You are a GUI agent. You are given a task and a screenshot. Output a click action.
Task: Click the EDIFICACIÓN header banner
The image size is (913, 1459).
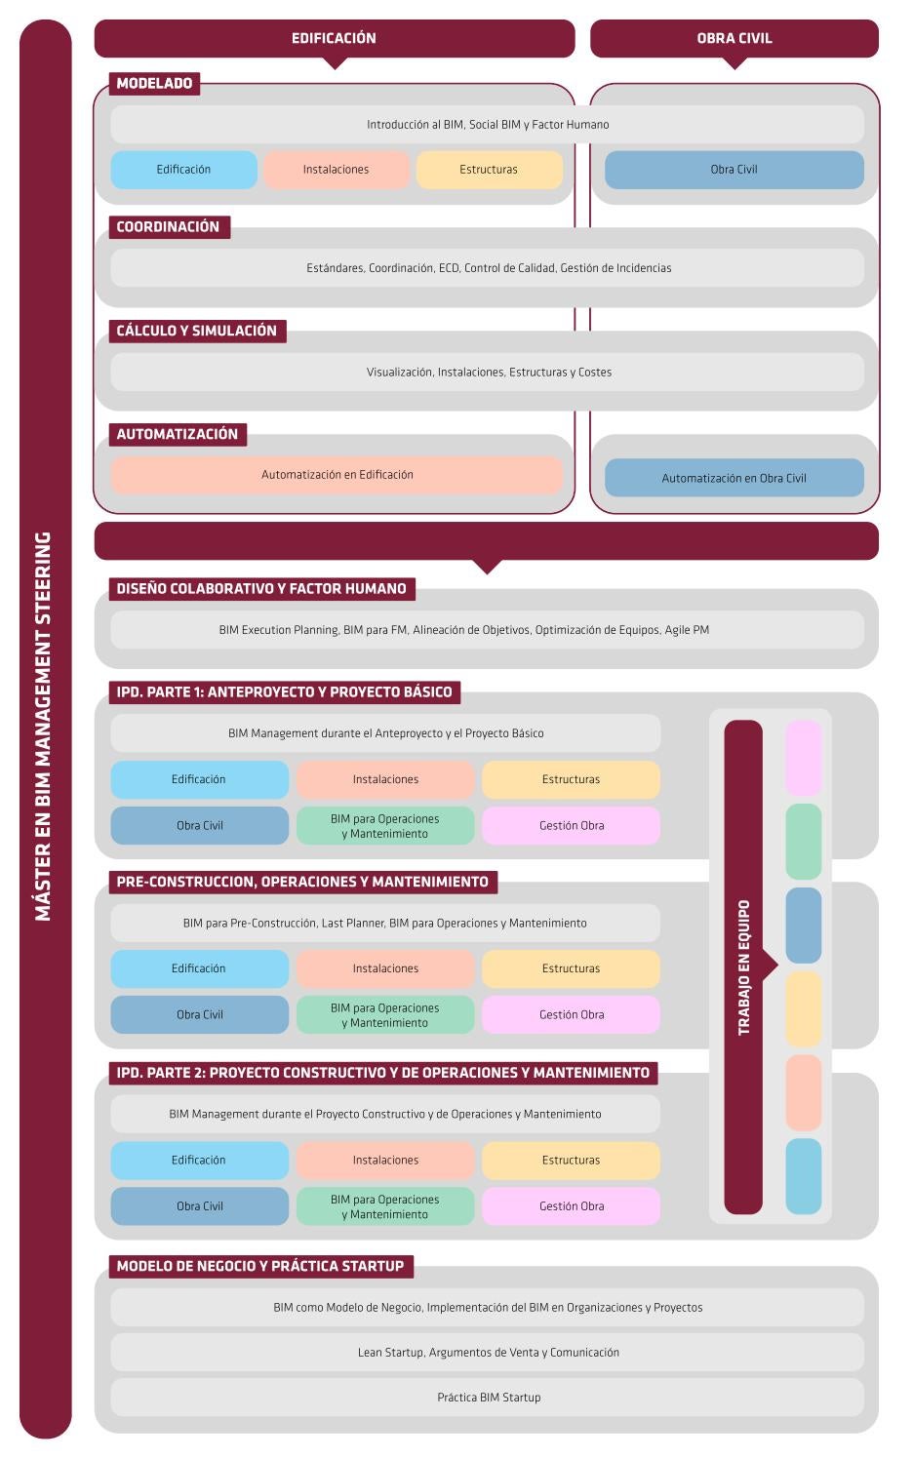pyautogui.click(x=335, y=38)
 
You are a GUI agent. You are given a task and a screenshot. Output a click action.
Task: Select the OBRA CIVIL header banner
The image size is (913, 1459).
pyautogui.click(x=734, y=38)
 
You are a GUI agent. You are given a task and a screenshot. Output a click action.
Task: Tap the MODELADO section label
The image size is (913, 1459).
pyautogui.click(x=154, y=83)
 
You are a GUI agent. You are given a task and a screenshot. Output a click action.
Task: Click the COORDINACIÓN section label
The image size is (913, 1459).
pyautogui.click(x=170, y=226)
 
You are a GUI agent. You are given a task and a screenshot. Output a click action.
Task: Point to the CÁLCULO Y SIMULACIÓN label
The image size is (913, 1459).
pyautogui.click(x=197, y=331)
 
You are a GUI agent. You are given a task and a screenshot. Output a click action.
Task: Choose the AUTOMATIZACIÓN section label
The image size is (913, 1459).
pyautogui.click(x=178, y=434)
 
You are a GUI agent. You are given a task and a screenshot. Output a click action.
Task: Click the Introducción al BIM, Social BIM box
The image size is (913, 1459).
pyautogui.click(x=488, y=125)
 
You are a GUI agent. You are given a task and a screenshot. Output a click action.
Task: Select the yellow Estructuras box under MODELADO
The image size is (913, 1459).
pyautogui.click(x=489, y=170)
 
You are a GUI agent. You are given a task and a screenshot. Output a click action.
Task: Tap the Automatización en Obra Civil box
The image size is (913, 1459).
pyautogui.click(x=734, y=478)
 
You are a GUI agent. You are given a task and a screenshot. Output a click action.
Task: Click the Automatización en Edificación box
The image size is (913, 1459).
pyautogui.click(x=337, y=474)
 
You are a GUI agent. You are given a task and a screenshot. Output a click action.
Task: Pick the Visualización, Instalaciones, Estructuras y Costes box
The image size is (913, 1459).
pyautogui.click(x=488, y=372)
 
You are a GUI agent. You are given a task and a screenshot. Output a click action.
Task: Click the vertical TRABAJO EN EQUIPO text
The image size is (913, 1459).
pyautogui.click(x=743, y=967)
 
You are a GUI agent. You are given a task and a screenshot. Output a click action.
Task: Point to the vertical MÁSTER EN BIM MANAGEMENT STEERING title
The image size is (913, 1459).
pyautogui.click(x=43, y=727)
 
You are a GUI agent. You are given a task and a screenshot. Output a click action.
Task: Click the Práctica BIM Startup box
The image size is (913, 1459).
pyautogui.click(x=488, y=1398)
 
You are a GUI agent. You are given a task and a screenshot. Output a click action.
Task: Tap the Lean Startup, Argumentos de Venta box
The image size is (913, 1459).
pyautogui.click(x=488, y=1352)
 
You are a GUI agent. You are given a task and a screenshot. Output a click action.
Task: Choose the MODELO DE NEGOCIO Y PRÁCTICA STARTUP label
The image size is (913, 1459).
pyautogui.click(x=260, y=1266)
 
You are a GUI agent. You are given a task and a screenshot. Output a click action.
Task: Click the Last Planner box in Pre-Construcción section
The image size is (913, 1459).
pyautogui.click(x=385, y=923)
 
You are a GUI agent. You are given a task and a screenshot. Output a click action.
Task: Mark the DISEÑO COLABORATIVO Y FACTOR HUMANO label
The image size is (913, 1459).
pyautogui.click(x=262, y=588)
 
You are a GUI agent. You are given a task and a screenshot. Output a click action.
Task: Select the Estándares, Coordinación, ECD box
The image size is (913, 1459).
pyautogui.click(x=488, y=267)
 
